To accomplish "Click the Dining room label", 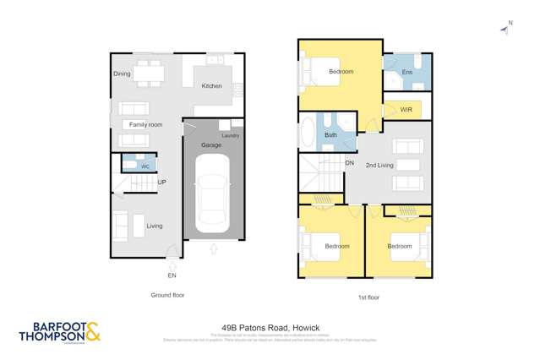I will pos(122,74).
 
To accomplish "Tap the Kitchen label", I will pos(211,85).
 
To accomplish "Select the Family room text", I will pos(145,125).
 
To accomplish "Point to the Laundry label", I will pos(231,135).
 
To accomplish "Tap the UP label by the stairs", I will pos(161,183).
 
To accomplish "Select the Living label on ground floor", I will pos(154,226).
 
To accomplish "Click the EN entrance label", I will pos(172,275).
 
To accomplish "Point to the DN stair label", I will pos(349,162).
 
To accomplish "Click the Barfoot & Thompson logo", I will pos(59,331).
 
